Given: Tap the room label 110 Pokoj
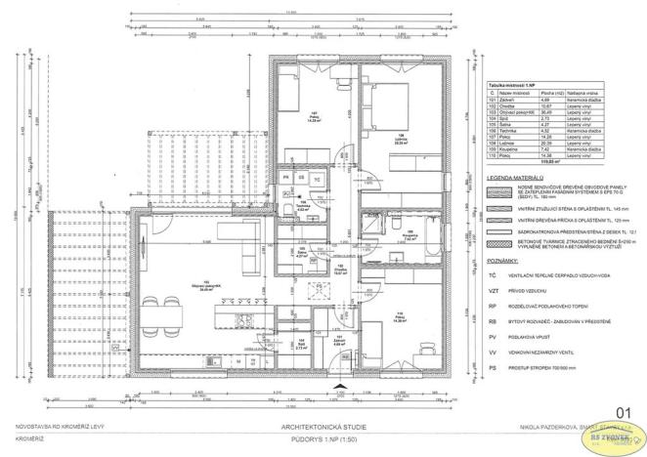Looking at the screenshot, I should (x=399, y=318).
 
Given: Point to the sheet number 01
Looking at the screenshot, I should (x=616, y=414).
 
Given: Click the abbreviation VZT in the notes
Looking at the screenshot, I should (x=494, y=290).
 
